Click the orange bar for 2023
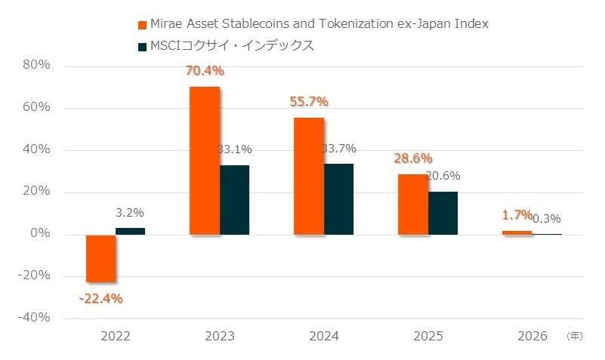[x=204, y=160]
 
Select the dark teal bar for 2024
[x=338, y=198]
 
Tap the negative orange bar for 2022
[x=100, y=258]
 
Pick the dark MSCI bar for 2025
[x=443, y=213]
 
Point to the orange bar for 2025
[x=413, y=204]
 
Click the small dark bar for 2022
[x=130, y=231]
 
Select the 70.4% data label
[x=205, y=72]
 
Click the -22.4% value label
[x=100, y=298]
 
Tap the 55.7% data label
[x=310, y=102]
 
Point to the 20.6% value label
[x=443, y=176]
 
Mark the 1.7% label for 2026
[x=517, y=215]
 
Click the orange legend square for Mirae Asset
[x=141, y=25]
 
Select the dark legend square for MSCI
[x=141, y=47]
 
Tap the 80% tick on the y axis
[x=36, y=65]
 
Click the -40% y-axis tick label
[x=33, y=318]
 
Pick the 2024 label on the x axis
[x=324, y=336]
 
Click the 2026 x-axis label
[x=532, y=336]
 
